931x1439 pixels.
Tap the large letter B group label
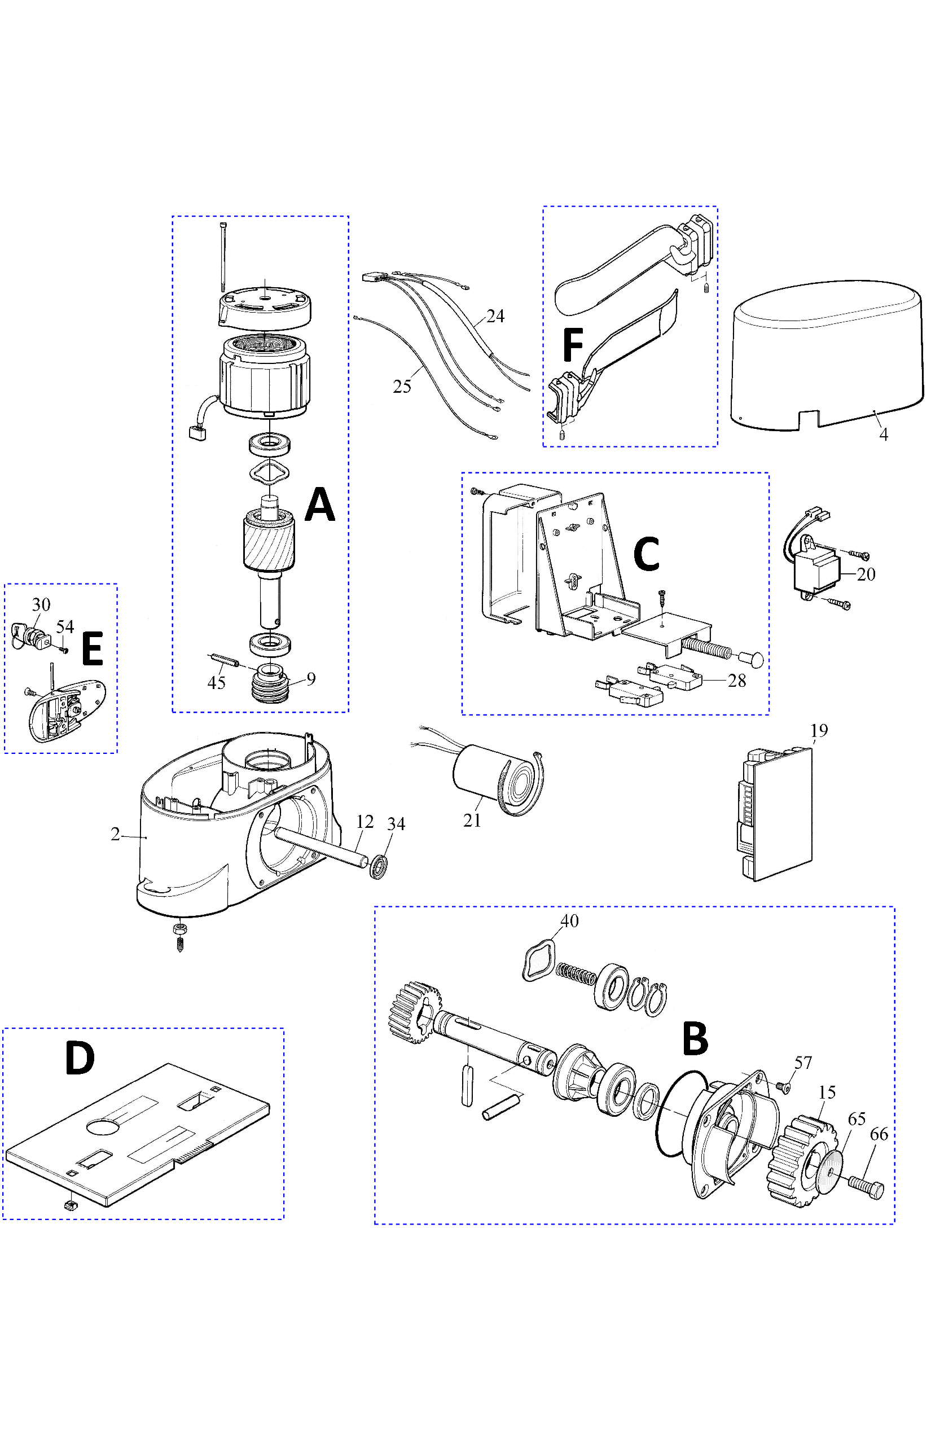coord(695,1039)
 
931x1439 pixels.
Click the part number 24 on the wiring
coord(495,316)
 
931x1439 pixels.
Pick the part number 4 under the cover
coord(883,435)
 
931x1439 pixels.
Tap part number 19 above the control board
coord(819,731)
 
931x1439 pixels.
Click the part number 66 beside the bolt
coord(879,1134)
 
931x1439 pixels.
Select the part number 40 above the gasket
coord(569,921)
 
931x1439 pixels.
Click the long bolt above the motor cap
coord(223,257)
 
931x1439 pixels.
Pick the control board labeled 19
coord(776,813)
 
